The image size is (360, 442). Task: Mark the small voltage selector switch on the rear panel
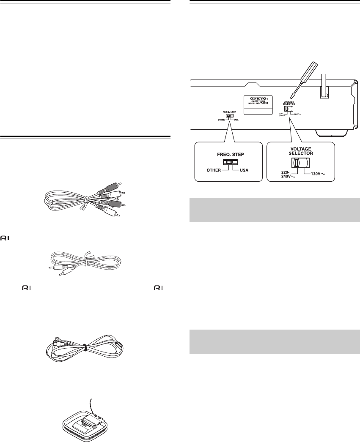pos(287,109)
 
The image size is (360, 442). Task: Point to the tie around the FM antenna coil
pos(85,347)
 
